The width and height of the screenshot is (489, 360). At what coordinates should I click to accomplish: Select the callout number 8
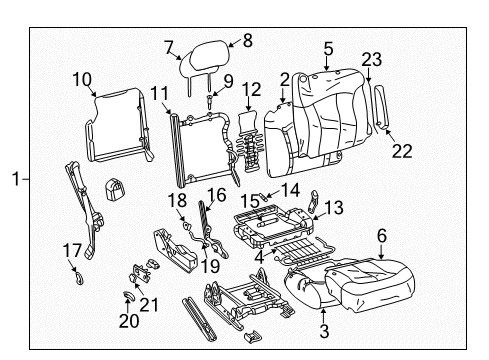point(248,41)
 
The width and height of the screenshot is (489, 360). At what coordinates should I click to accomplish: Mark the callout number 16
point(216,194)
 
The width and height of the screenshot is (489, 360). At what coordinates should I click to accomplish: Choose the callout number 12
point(252,90)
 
